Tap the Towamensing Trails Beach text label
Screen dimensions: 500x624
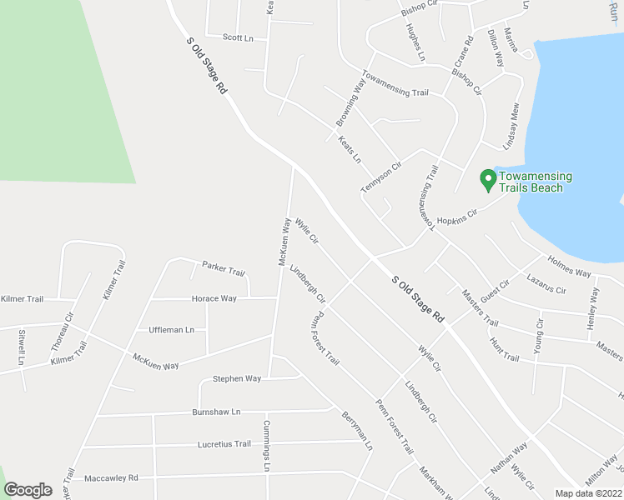(x=536, y=182)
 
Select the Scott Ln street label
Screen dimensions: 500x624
(x=238, y=37)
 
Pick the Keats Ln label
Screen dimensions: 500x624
(x=350, y=148)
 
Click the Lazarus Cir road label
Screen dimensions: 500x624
(x=546, y=285)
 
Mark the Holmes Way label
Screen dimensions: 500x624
(x=569, y=267)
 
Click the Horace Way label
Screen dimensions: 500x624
(x=214, y=298)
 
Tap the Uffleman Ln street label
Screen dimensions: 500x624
(x=171, y=330)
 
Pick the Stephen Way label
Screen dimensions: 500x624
(x=237, y=378)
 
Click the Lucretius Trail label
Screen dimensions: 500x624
(x=224, y=444)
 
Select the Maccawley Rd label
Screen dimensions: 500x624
(x=110, y=478)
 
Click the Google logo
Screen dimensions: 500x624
(x=28, y=490)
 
